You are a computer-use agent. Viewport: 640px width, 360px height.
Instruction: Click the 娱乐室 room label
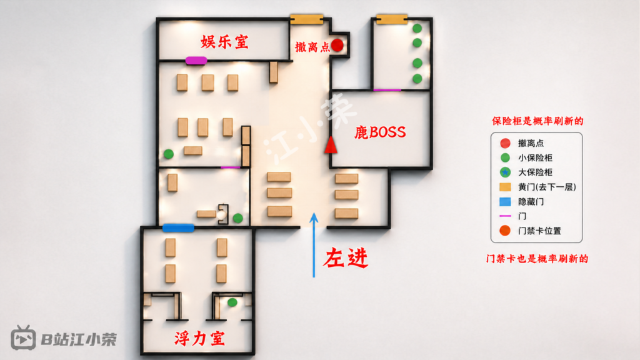(x=224, y=42)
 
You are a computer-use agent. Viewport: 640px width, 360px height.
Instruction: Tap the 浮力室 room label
(x=199, y=338)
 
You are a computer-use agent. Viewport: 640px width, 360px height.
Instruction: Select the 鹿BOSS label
(x=380, y=132)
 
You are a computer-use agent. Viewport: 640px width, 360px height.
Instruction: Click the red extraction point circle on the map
(x=337, y=45)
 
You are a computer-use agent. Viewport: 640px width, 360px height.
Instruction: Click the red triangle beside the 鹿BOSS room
(x=331, y=145)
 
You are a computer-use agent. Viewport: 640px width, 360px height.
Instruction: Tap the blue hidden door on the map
(x=178, y=227)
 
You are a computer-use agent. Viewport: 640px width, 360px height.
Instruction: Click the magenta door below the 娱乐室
(x=196, y=61)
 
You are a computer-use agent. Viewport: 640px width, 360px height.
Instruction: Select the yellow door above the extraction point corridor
(x=306, y=19)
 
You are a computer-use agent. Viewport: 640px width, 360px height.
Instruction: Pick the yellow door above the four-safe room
(x=392, y=19)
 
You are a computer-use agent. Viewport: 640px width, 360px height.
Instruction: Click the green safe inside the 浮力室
(x=232, y=302)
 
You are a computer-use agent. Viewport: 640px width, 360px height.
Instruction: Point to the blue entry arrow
(x=314, y=245)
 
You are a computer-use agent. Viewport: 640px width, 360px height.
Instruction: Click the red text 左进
(x=346, y=258)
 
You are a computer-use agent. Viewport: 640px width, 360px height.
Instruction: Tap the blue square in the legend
(x=505, y=202)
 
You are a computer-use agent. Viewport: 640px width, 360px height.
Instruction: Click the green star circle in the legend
(x=505, y=172)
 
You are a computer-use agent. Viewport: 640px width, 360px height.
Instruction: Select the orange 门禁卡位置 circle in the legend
(x=505, y=231)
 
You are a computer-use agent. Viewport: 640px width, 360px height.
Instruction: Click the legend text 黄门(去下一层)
(x=547, y=187)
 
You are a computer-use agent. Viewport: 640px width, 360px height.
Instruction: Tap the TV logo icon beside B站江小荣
(x=23, y=338)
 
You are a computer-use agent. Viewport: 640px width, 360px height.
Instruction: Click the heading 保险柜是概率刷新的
(x=537, y=121)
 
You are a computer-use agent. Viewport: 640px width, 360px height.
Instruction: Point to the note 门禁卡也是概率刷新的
(x=537, y=259)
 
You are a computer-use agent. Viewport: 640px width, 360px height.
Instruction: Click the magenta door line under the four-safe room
(x=387, y=90)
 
